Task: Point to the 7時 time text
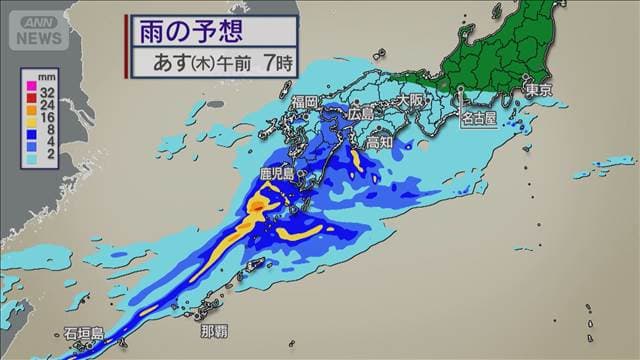coord(277,61)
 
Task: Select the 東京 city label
coord(537,89)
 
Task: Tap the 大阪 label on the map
coord(410,100)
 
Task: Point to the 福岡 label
coord(305,102)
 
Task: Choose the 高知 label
coord(379,143)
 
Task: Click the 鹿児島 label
coord(275,174)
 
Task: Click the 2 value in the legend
coord(47,157)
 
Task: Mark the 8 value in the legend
coord(47,130)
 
